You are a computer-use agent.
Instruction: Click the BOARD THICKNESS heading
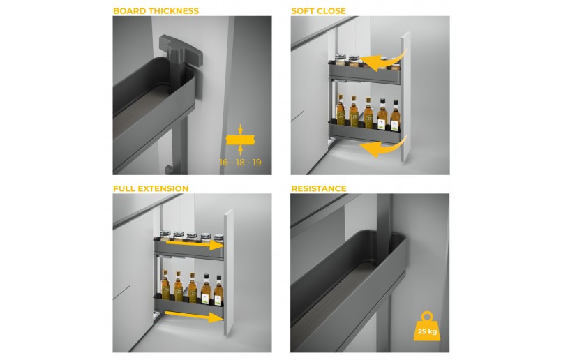click(x=156, y=10)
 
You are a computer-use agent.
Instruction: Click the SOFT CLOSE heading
click(x=318, y=10)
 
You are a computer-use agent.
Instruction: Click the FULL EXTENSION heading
click(x=151, y=188)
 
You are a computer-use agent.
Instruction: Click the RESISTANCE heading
click(x=319, y=188)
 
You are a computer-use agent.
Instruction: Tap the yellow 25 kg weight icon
click(x=427, y=327)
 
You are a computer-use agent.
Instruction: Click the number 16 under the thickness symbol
click(x=223, y=163)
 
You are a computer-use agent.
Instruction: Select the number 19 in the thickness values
click(x=257, y=163)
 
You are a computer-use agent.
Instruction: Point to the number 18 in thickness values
click(x=240, y=163)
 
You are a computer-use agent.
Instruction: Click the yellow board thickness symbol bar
click(x=240, y=140)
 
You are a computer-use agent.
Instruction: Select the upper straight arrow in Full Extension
click(x=195, y=245)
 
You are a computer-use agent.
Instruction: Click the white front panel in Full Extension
click(x=229, y=273)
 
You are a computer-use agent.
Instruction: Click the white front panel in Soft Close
click(x=405, y=96)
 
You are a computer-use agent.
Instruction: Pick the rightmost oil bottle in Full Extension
click(x=218, y=290)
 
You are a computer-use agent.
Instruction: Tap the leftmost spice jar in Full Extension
click(x=165, y=237)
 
